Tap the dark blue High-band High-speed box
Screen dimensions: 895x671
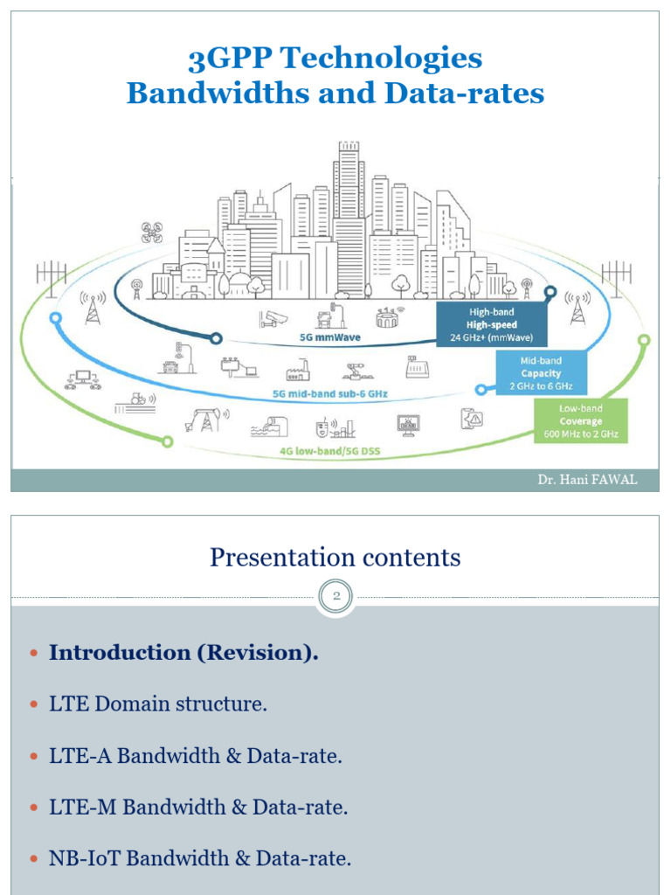coord(492,323)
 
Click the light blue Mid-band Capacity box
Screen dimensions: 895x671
coord(541,373)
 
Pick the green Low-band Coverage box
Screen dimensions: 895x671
coord(580,421)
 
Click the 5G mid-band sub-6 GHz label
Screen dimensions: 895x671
coord(329,394)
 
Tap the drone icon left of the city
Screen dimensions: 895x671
coord(151,232)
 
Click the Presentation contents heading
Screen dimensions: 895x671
coord(335,558)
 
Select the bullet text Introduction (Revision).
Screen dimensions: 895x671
coord(183,653)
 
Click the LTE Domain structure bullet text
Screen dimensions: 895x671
coord(157,704)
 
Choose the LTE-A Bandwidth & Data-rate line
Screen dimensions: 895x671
coord(195,756)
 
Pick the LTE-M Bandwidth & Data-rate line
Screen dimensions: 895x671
coord(198,808)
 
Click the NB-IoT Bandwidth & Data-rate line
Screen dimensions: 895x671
coord(200,859)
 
